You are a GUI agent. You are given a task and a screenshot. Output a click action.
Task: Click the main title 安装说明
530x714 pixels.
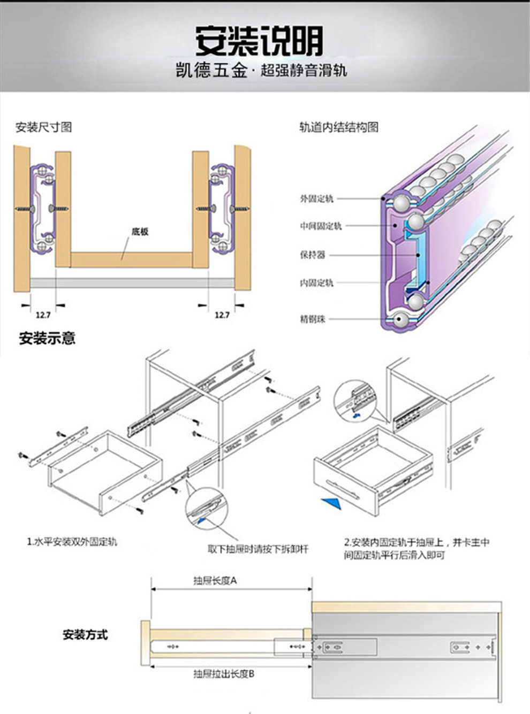coord(259,41)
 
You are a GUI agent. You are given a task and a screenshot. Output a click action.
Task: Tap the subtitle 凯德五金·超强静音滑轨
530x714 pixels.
coord(261,71)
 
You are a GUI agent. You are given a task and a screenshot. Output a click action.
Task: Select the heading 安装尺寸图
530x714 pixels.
coord(43,127)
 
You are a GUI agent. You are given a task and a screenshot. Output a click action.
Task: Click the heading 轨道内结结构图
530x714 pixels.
coord(338,127)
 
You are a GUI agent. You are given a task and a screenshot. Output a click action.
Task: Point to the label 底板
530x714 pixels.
coord(140,232)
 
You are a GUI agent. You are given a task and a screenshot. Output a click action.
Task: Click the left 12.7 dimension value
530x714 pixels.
coord(43,315)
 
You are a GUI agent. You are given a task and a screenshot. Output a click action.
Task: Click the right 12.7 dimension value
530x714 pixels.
coord(222,315)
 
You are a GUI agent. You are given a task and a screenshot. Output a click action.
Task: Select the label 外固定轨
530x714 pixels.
coord(316,198)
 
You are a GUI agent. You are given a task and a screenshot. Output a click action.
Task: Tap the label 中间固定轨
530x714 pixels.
coord(320,226)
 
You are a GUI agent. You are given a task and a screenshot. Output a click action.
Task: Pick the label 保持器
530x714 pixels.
coord(312,255)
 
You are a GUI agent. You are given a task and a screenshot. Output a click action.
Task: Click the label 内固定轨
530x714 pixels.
coord(316,282)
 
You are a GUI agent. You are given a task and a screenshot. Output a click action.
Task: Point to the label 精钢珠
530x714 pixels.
coord(312,319)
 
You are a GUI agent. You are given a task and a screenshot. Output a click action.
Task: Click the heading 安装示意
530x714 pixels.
coord(47,338)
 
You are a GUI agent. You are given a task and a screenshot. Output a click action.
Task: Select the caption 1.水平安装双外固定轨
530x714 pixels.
coord(72,541)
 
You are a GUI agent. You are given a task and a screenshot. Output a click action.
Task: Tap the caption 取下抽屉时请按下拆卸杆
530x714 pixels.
coord(258,549)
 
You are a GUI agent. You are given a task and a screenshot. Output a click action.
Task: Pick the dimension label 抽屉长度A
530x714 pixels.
coord(215,581)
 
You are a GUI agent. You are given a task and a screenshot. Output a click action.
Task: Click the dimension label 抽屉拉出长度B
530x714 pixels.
coord(224,674)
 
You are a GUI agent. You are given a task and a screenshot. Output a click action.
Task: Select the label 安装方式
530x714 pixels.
coord(85,635)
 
